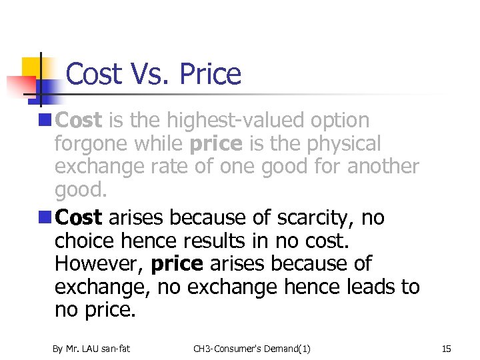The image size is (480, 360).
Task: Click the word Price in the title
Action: tap(210, 74)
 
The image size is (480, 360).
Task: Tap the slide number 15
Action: tap(447, 349)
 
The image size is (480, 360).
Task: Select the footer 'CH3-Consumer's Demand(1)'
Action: tap(252, 349)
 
